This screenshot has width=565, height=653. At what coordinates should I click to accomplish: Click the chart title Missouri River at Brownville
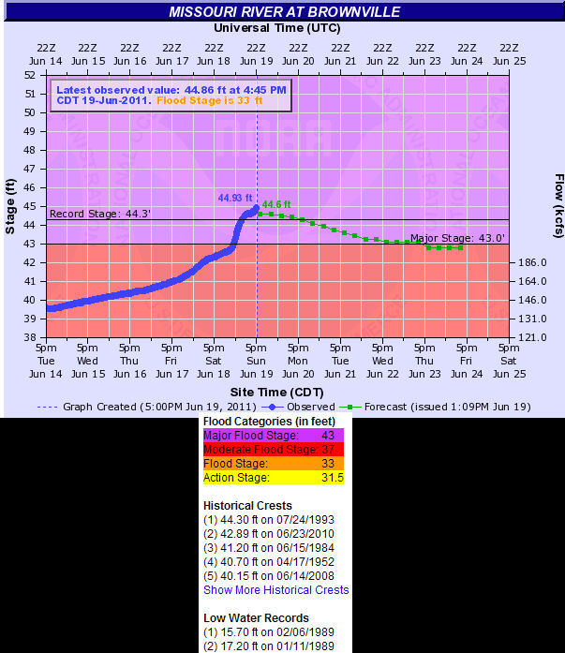pos(285,12)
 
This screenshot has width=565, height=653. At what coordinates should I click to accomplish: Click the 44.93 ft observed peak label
pos(234,198)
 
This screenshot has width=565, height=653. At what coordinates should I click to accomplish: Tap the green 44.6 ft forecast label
pos(276,204)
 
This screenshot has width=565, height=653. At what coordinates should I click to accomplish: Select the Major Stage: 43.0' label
pos(457,238)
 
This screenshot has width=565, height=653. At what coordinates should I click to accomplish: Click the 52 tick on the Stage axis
pos(29,75)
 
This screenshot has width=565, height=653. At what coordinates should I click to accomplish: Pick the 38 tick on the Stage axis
pos(29,337)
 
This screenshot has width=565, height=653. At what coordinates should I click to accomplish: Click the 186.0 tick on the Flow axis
pos(532,262)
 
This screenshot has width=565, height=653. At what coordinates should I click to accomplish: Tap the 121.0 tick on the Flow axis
pos(532,337)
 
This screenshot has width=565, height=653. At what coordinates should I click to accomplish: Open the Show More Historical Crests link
pos(275,590)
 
